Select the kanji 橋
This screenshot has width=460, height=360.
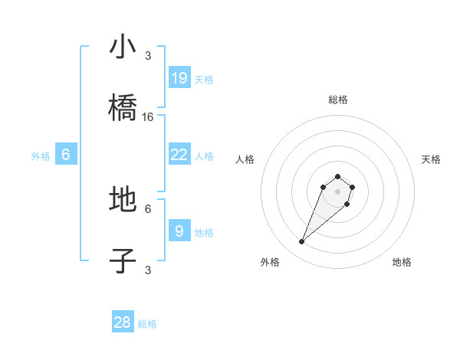click(123, 108)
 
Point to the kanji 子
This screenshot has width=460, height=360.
click(123, 261)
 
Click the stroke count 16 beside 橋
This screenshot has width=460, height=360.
click(148, 117)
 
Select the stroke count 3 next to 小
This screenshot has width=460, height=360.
click(148, 55)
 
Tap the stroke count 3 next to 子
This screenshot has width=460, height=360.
click(148, 270)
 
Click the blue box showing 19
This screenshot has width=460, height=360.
click(179, 77)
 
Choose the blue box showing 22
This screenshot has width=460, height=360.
click(179, 154)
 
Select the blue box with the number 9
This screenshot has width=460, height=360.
click(179, 231)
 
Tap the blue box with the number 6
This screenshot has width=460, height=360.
click(66, 154)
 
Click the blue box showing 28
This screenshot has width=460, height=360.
click(123, 322)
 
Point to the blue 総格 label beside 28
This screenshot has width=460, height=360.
click(147, 324)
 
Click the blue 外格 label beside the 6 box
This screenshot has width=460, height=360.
click(41, 155)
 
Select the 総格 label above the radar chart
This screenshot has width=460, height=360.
click(337, 100)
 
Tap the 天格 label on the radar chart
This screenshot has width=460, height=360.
click(431, 159)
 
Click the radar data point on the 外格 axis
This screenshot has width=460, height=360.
click(301, 242)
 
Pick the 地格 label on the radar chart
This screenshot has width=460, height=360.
click(402, 262)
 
